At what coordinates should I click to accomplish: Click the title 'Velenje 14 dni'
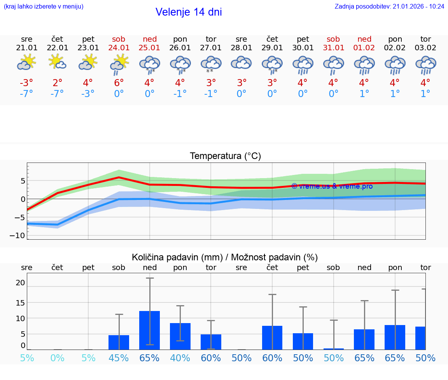(x=189, y=12)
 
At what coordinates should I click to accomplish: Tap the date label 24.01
(x=119, y=48)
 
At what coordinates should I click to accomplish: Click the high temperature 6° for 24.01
(x=119, y=83)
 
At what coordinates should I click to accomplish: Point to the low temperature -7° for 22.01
(x=57, y=94)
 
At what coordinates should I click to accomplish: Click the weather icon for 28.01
(x=241, y=62)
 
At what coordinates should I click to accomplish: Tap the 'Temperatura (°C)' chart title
(x=225, y=156)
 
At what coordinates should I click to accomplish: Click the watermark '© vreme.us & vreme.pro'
(x=332, y=186)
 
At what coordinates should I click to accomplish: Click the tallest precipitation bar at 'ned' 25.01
(x=149, y=330)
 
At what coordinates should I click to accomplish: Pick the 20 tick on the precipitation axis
(x=20, y=283)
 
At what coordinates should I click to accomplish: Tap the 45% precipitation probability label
(x=119, y=358)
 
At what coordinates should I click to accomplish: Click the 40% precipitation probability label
(x=180, y=358)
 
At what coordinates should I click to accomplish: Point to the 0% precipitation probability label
(x=57, y=358)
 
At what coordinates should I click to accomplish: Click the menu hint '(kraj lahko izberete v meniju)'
(x=44, y=6)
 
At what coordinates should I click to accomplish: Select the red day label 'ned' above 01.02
(x=364, y=39)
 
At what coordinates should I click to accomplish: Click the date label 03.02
(x=425, y=48)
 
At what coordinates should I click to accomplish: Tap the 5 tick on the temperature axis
(x=23, y=180)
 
